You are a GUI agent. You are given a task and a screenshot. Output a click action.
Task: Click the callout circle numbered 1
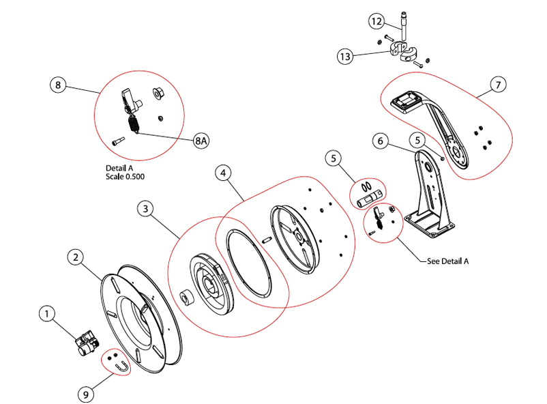(46, 314)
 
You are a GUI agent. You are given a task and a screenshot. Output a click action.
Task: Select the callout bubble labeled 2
(76, 257)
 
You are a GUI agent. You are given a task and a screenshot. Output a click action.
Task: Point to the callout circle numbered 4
(222, 173)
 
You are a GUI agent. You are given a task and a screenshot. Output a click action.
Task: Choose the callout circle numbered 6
(382, 142)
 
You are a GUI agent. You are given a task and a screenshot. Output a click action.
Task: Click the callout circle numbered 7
(499, 86)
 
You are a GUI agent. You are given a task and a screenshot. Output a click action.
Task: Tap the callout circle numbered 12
(376, 22)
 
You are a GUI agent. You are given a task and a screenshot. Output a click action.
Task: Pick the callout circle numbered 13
(346, 56)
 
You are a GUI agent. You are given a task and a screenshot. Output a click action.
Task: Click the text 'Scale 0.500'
(125, 176)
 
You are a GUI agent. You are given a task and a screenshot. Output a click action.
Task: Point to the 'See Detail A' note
(447, 261)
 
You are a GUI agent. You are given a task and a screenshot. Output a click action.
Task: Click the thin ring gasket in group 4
(247, 263)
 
